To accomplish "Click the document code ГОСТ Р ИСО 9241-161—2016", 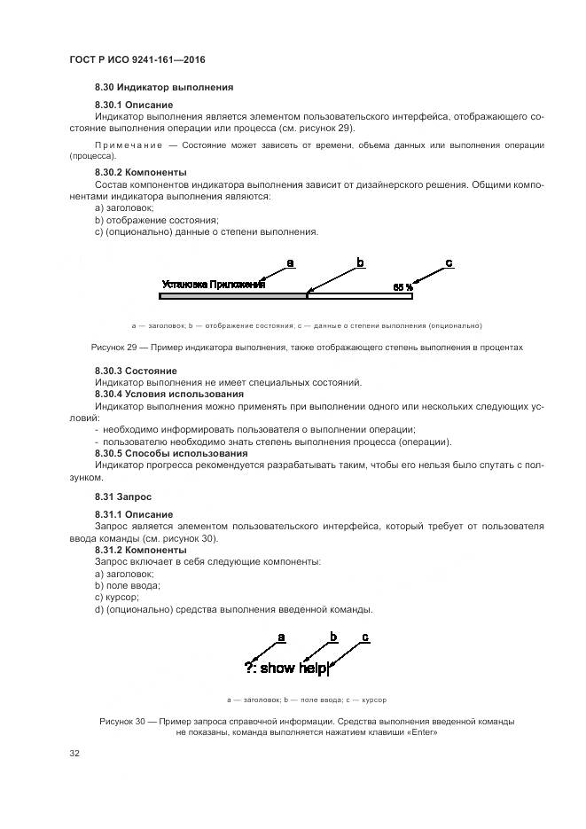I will pyautogui.click(x=131, y=59).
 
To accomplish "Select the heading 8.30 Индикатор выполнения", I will pyautogui.click(x=163, y=88).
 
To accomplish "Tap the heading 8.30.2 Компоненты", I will pyautogui.click(x=140, y=172).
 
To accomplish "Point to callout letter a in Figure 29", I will pyautogui.click(x=290, y=262).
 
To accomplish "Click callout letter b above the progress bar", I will pyautogui.click(x=361, y=262).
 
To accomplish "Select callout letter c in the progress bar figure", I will pyautogui.click(x=449, y=262).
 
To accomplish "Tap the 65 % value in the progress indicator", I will pyautogui.click(x=402, y=287).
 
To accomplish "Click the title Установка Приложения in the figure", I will pyautogui.click(x=213, y=285).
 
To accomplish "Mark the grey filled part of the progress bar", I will pyautogui.click(x=232, y=295).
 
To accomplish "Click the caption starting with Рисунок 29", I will pyautogui.click(x=307, y=347).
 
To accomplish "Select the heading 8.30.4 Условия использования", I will pyautogui.click(x=168, y=394).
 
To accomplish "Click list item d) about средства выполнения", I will pyautogui.click(x=233, y=609).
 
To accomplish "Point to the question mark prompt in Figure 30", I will pyautogui.click(x=250, y=668).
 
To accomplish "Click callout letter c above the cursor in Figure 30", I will pyautogui.click(x=365, y=637).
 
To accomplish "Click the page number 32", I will pyautogui.click(x=74, y=754).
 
